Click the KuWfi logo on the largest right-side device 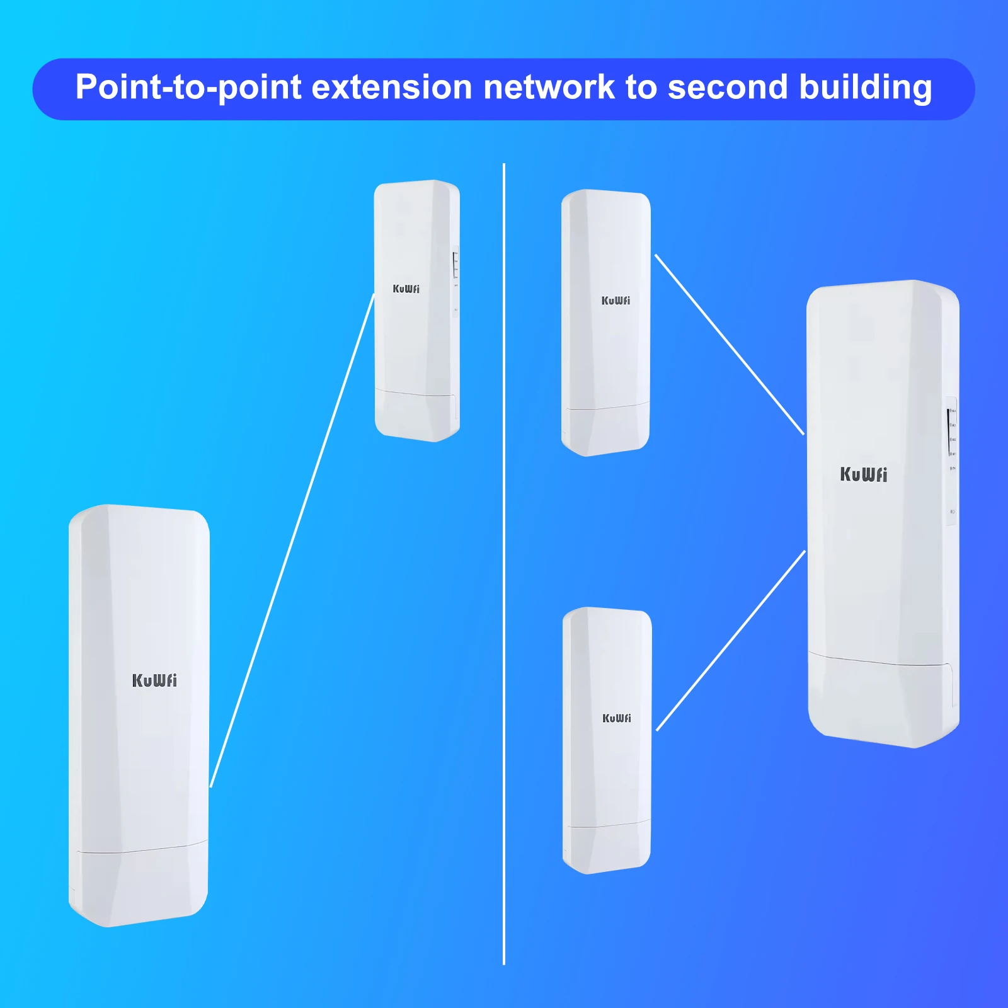[863, 474]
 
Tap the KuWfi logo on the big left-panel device [154, 680]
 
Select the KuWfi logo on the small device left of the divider [406, 289]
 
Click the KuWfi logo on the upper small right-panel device [616, 301]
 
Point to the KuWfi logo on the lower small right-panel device [616, 718]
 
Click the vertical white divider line [504, 567]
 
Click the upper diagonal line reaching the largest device [730, 345]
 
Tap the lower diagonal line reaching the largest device [731, 641]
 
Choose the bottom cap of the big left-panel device [139, 885]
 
